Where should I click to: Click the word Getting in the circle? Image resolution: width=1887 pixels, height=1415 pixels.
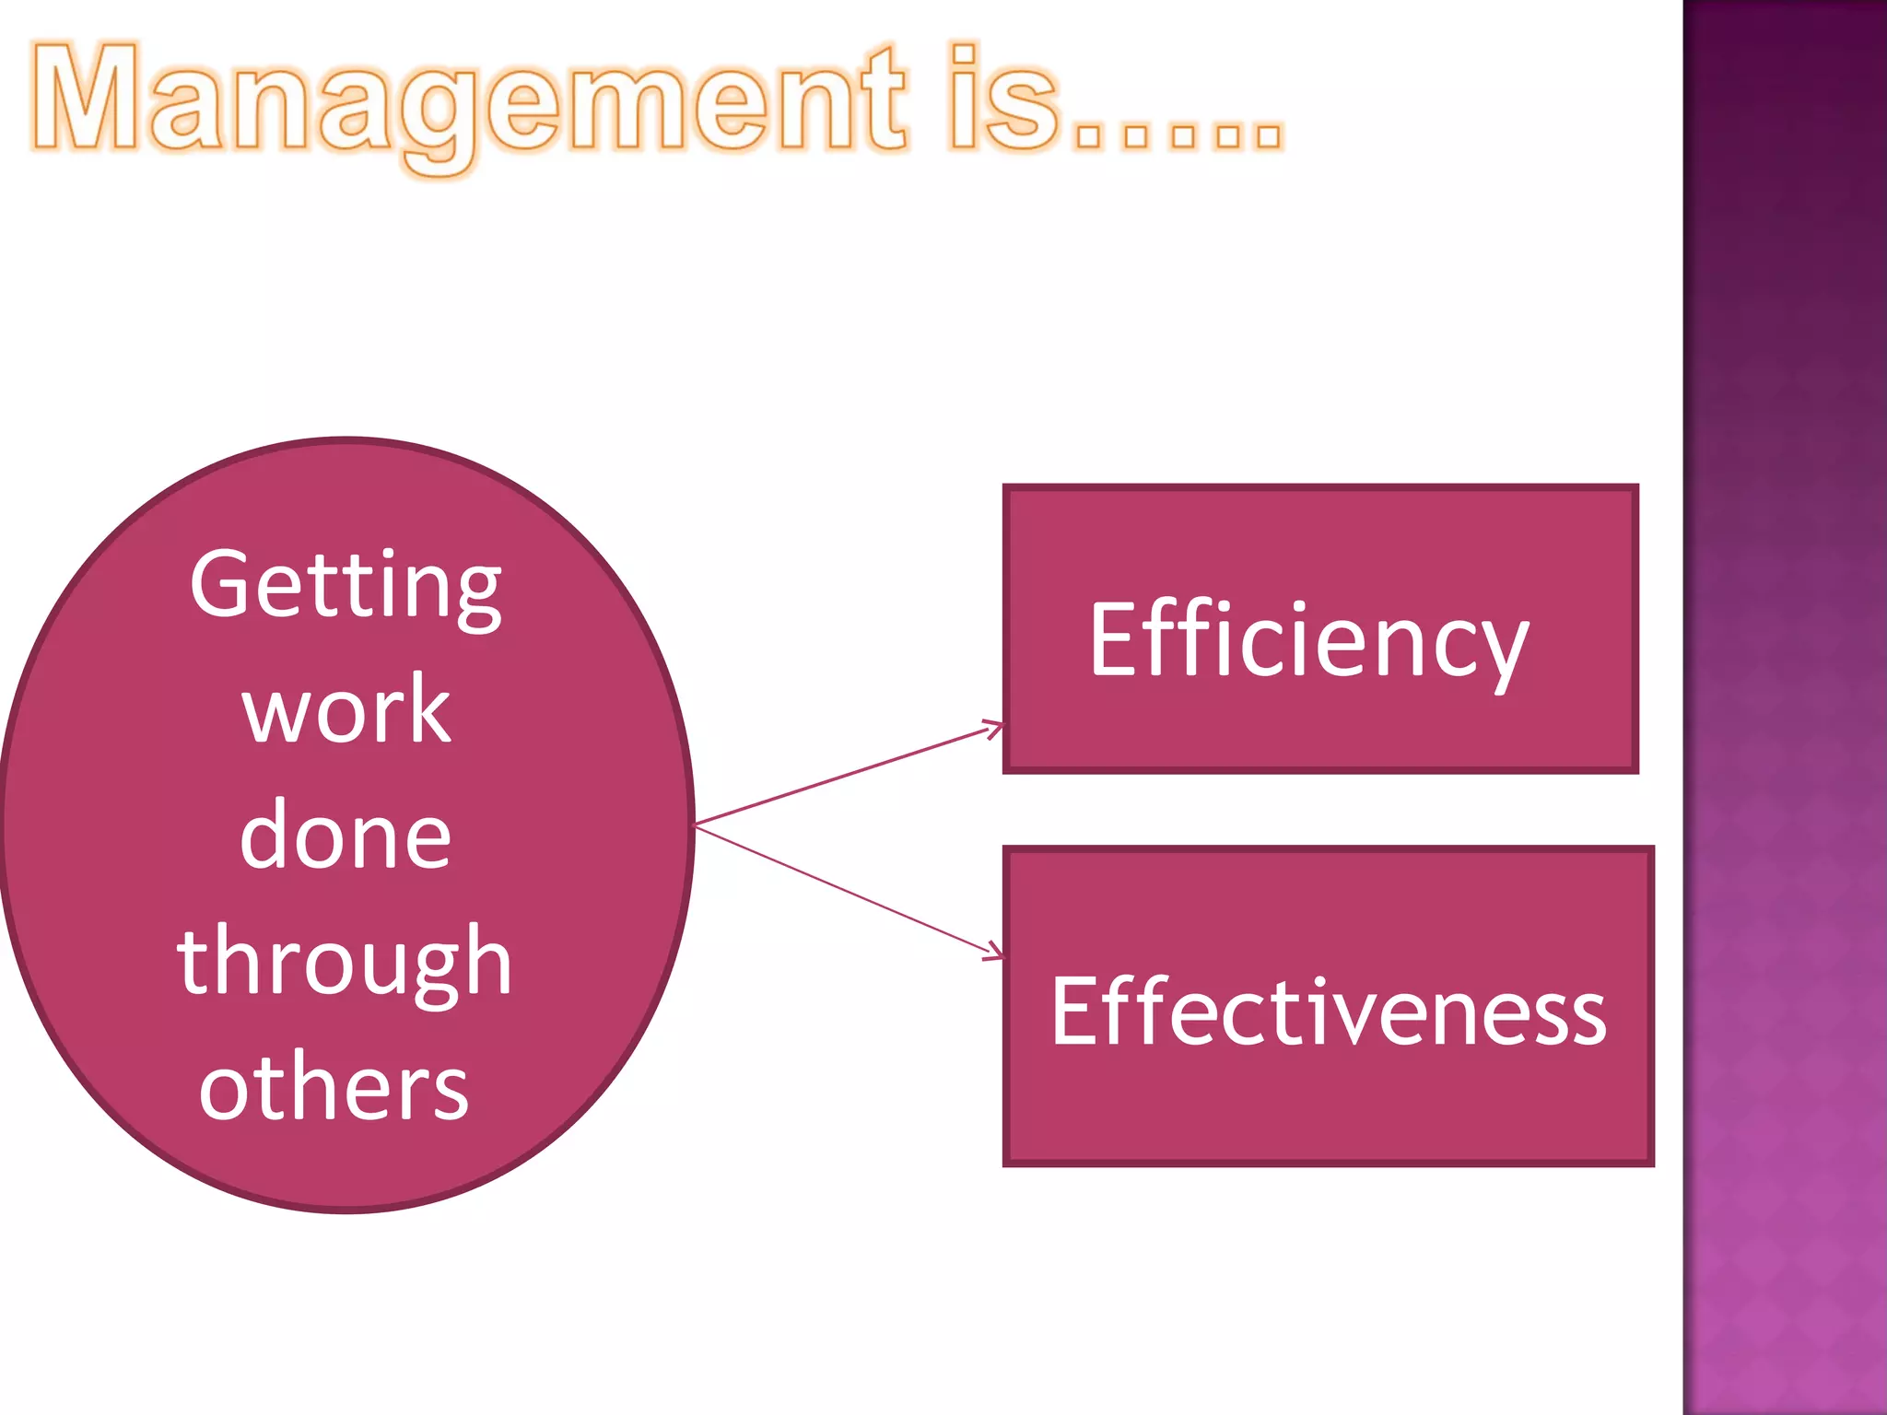coord(346,586)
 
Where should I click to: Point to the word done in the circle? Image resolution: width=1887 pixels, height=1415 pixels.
coord(346,835)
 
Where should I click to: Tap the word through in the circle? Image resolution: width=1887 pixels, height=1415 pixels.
coord(344,963)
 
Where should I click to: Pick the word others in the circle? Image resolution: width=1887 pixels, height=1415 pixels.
coord(334,1088)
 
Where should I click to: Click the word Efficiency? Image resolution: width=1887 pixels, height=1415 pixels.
coord(1308,641)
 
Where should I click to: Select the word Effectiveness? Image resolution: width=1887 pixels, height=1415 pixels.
coord(1329,1012)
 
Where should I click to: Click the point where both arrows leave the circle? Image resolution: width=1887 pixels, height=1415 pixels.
coord(695,824)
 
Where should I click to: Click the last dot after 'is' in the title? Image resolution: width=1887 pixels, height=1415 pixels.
coord(1268,135)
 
